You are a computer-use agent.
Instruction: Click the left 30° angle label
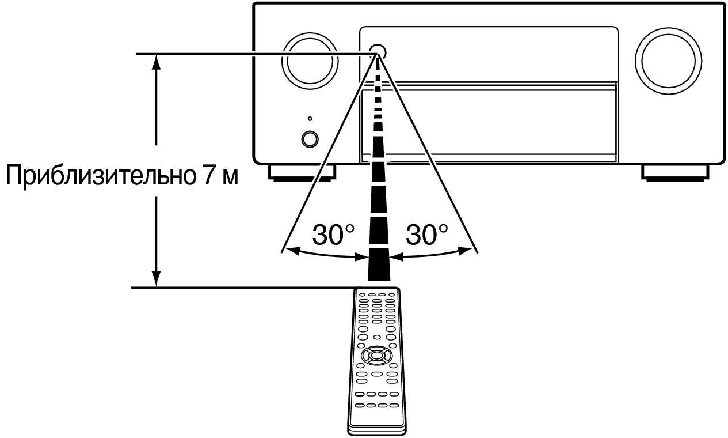(333, 235)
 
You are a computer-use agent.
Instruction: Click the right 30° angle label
(426, 235)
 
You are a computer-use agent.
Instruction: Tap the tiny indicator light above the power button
(310, 119)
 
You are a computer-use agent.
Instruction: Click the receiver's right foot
(675, 173)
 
